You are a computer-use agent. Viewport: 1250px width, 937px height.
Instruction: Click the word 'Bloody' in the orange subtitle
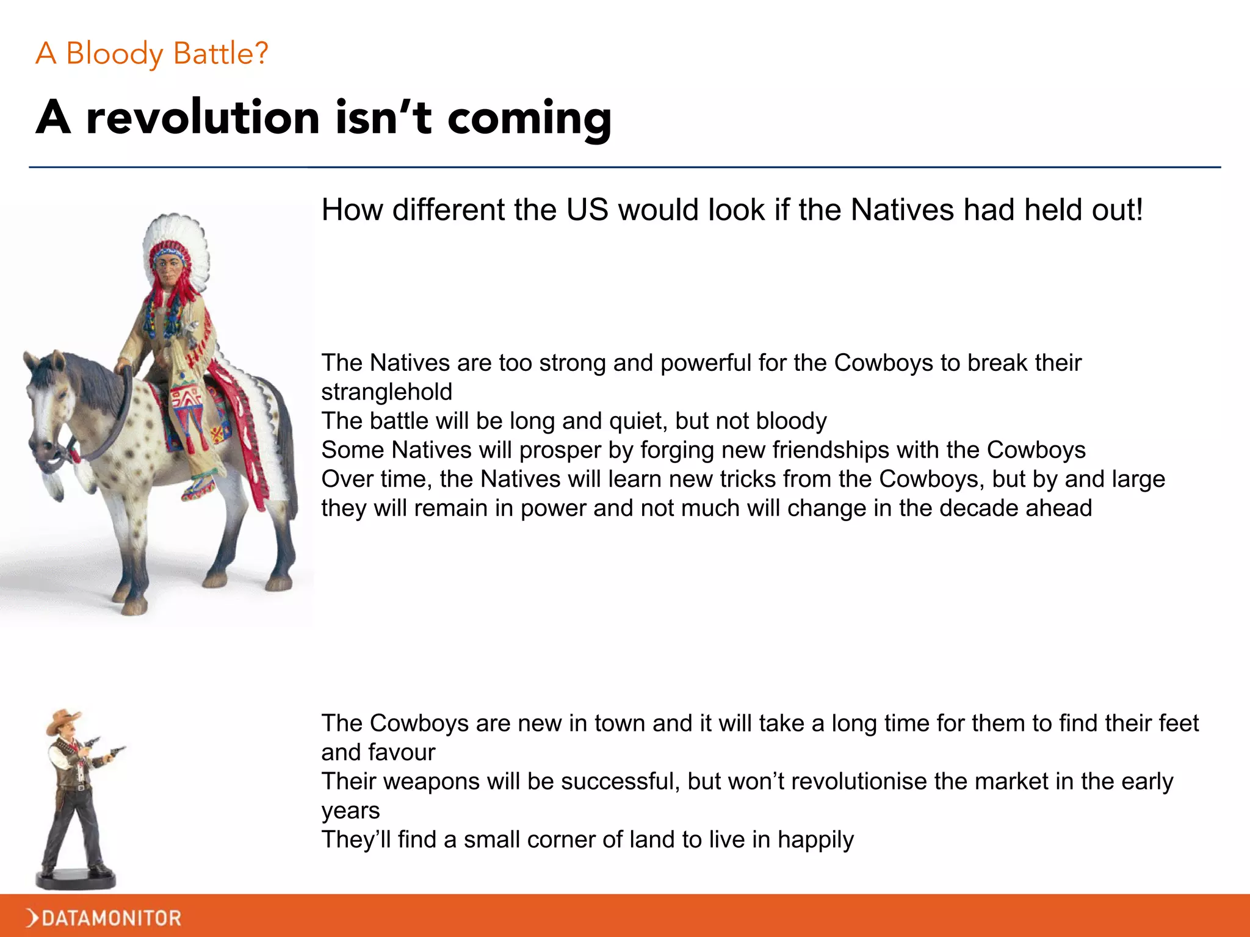pos(114,54)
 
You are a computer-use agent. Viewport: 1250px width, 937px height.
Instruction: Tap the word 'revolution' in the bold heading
pos(203,117)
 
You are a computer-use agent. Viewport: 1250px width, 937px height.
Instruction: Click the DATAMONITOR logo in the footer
pos(104,917)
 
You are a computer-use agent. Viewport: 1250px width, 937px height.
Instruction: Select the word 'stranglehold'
pos(386,392)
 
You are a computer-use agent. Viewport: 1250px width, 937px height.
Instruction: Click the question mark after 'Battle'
pos(261,54)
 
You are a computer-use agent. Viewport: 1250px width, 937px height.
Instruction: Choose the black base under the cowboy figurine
pos(76,880)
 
